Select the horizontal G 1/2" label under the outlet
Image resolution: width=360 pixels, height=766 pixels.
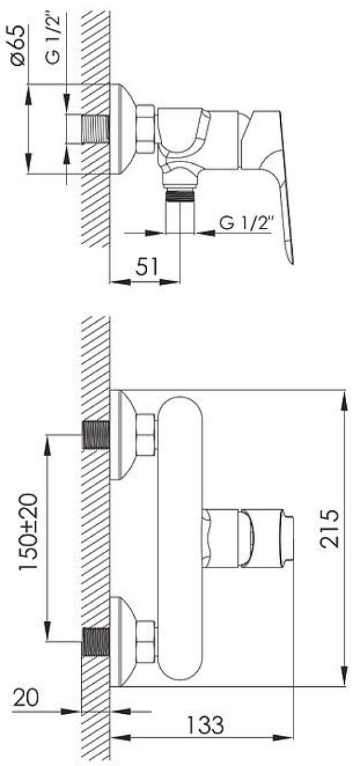247,224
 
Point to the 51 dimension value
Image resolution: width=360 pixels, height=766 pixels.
147,266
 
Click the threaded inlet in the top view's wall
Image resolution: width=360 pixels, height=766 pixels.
96,129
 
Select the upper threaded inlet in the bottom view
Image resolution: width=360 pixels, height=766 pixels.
96,434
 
